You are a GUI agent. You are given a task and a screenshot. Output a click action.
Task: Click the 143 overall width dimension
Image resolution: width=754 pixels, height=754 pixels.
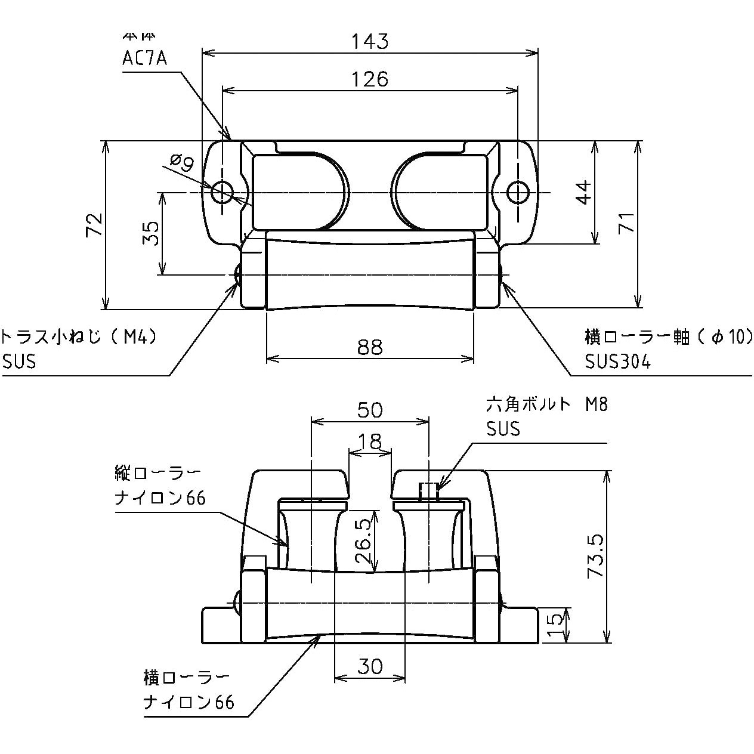pyautogui.click(x=369, y=42)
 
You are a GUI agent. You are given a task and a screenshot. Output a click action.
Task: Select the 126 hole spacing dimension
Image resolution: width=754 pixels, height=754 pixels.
pyautogui.click(x=369, y=79)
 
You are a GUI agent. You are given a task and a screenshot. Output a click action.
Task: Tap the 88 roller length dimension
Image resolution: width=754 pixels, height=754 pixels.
pyautogui.click(x=369, y=347)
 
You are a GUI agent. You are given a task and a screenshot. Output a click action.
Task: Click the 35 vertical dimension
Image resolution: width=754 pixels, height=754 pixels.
pyautogui.click(x=152, y=233)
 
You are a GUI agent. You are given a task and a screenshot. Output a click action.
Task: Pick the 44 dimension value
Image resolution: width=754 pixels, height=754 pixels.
pyautogui.click(x=585, y=192)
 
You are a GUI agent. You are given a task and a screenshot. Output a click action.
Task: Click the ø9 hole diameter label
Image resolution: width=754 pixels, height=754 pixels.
pyautogui.click(x=181, y=163)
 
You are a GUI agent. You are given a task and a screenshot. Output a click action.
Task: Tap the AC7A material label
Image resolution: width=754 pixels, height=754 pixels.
pyautogui.click(x=144, y=59)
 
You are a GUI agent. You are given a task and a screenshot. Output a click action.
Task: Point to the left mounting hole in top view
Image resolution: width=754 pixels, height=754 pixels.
pyautogui.click(x=223, y=192)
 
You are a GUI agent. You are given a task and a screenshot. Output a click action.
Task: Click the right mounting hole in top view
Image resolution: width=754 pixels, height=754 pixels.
pyautogui.click(x=517, y=192)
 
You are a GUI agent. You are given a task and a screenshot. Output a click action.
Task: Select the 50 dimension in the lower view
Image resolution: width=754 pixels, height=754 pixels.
pyautogui.click(x=369, y=410)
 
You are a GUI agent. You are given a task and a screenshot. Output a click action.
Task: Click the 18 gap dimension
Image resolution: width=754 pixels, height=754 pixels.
pyautogui.click(x=369, y=441)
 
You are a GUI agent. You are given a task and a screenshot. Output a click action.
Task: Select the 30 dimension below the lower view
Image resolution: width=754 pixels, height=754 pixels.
pyautogui.click(x=369, y=666)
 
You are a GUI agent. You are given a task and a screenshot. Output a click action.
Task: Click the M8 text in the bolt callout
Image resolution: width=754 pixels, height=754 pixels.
pyautogui.click(x=596, y=405)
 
